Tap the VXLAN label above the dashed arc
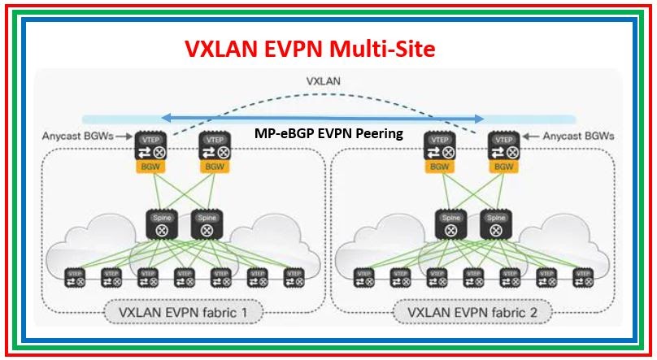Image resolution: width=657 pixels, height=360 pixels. [x=323, y=81]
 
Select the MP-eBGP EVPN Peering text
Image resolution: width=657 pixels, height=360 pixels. [x=329, y=133]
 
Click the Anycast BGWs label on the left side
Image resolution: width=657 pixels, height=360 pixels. [x=78, y=136]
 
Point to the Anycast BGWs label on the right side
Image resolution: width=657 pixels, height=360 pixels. [x=577, y=136]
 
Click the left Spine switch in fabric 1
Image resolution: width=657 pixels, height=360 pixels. [x=160, y=224]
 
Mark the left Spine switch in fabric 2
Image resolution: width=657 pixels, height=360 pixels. [x=450, y=224]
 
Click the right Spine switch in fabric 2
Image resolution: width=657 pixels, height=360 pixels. [x=494, y=224]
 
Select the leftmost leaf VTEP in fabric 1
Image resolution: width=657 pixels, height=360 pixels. [x=75, y=277]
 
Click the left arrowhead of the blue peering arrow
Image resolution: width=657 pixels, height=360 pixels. [x=163, y=119]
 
